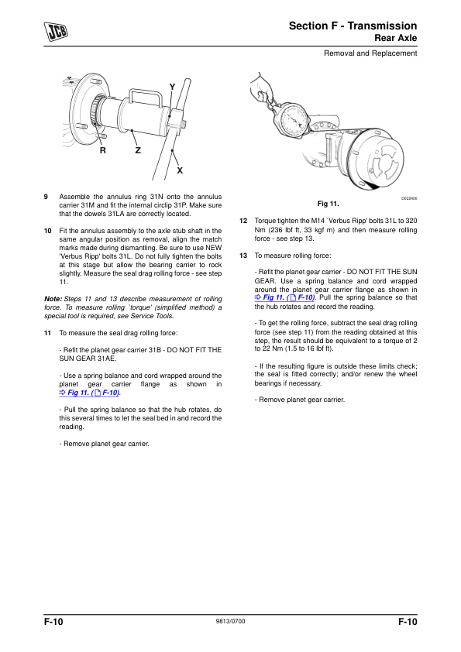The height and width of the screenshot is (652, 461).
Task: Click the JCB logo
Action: point(56,32)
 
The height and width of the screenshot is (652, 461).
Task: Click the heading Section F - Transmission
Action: point(353,26)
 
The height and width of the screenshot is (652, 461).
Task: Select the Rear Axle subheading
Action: point(396,38)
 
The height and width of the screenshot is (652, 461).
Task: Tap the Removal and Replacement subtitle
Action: point(370,53)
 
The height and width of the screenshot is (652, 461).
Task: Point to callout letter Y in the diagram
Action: point(172,87)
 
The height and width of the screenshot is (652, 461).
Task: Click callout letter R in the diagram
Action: point(103,150)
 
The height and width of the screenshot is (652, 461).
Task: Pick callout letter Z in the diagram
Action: point(138,150)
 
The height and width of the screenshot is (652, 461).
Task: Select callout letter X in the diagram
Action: point(180,170)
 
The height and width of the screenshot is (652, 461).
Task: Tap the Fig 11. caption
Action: point(329,204)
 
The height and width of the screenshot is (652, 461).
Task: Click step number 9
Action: point(46,197)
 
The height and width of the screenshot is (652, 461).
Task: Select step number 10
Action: point(48,231)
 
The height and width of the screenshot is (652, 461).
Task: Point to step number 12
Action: point(243,221)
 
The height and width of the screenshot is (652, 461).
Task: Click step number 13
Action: point(243,256)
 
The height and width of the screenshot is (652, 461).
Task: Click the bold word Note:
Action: point(53,299)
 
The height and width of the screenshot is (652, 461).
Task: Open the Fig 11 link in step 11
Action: point(89,393)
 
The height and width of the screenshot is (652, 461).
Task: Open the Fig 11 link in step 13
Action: point(284,297)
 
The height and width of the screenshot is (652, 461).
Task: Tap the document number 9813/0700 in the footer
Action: point(231,621)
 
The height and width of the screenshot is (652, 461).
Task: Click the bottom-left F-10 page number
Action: point(53,622)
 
